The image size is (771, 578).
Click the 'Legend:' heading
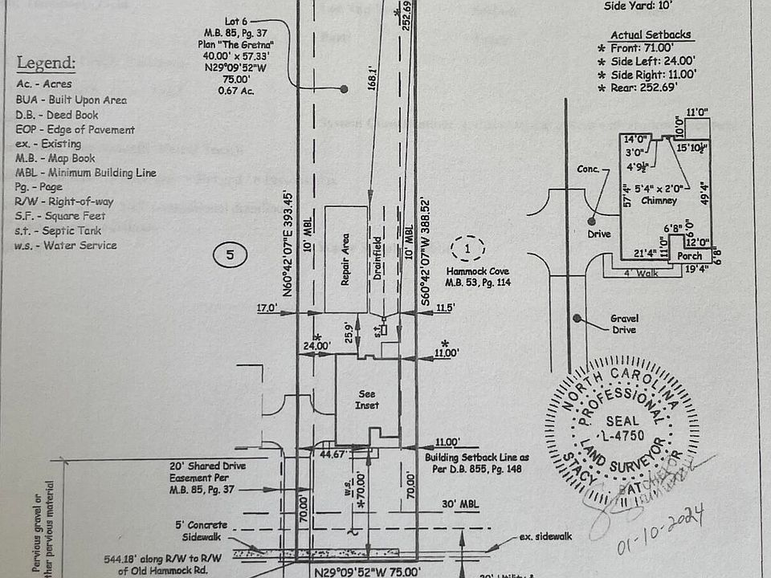tap(47, 63)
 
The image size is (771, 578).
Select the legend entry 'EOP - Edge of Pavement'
tap(75, 129)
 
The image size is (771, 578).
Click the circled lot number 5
tap(230, 256)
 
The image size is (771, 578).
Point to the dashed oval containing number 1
tap(468, 246)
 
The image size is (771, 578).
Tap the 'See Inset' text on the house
tap(366, 399)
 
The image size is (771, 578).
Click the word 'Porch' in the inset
tap(688, 256)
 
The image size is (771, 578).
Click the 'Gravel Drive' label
tap(623, 324)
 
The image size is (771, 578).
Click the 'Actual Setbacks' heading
tap(651, 35)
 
